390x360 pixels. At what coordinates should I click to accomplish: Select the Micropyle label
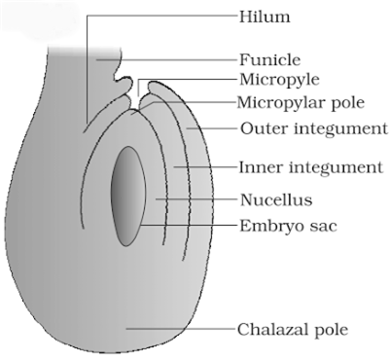277,80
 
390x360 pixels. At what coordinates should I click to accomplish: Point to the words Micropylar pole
301,102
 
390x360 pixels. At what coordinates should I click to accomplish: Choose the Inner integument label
310,167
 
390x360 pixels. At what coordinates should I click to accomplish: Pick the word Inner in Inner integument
257,166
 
